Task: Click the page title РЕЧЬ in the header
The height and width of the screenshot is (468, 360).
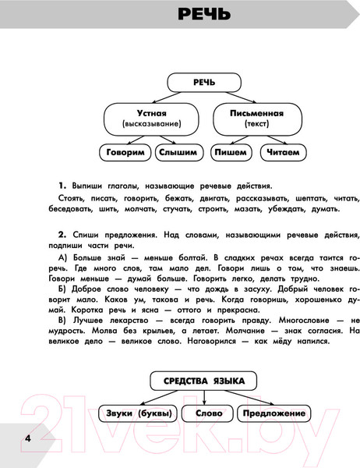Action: point(203,15)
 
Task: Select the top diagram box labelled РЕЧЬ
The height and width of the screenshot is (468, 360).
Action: point(193,83)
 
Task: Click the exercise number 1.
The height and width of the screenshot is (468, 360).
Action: point(61,186)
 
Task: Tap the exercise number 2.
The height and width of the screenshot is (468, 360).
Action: point(61,234)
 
